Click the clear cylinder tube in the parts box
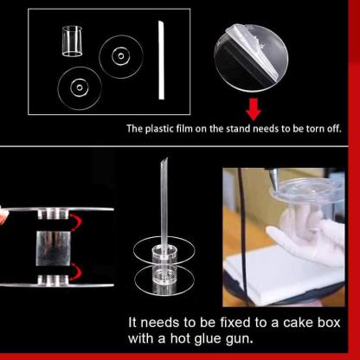pyautogui.click(x=72, y=41)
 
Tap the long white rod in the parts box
pyautogui.click(x=161, y=60)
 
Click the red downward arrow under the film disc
pyautogui.click(x=254, y=109)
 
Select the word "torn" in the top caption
pyautogui.click(x=315, y=129)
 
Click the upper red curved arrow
pyautogui.click(x=76, y=222)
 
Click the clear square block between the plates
pyautogui.click(x=53, y=248)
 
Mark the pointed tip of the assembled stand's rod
pyautogui.click(x=166, y=158)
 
